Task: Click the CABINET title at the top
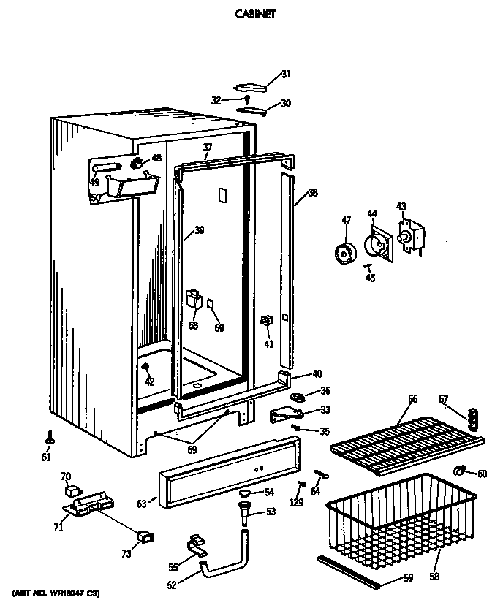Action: click(x=255, y=13)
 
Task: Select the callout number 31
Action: click(x=286, y=73)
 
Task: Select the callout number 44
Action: click(x=372, y=213)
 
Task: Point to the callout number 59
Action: click(x=408, y=579)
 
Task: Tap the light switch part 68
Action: click(x=194, y=298)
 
